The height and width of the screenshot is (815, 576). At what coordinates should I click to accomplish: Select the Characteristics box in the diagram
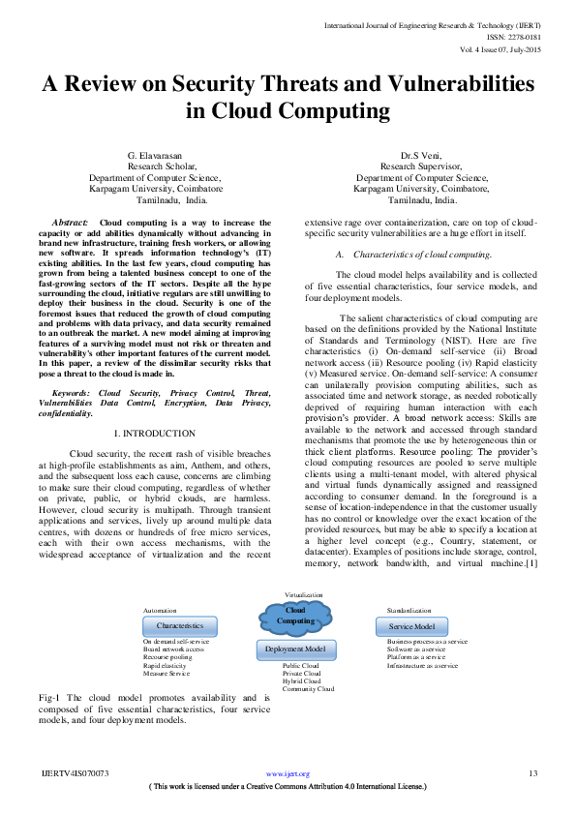coord(180,626)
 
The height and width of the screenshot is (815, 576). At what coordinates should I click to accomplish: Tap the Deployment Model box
coord(295,649)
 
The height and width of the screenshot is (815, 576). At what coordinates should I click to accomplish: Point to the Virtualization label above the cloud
coord(304,593)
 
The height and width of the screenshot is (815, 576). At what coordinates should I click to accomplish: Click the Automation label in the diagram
coord(160,612)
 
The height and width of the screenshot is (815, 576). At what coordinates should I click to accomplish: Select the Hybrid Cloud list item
coord(301,681)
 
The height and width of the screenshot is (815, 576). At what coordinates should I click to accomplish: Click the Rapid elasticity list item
coord(166,666)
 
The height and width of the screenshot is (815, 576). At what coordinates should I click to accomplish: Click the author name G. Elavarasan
coord(155,155)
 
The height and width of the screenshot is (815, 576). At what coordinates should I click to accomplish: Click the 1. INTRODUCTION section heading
coord(155,433)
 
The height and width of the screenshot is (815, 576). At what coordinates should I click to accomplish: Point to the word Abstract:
coord(70,223)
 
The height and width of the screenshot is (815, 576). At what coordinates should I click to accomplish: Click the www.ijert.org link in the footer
coord(288,774)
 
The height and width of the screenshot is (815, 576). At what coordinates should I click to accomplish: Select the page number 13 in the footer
coord(532,773)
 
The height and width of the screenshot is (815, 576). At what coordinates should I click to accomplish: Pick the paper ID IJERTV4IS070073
coord(75,773)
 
